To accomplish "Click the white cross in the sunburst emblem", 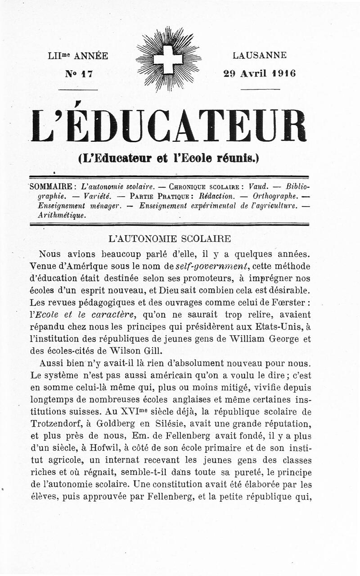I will pos(168,59).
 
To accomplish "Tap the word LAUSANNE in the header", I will pos(260,56).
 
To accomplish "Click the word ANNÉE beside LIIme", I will pos(91,56).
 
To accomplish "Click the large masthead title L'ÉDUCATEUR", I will pos(168,126).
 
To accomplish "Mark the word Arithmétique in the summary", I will pos(62,215).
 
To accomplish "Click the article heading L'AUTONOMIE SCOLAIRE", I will pos(170,239).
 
